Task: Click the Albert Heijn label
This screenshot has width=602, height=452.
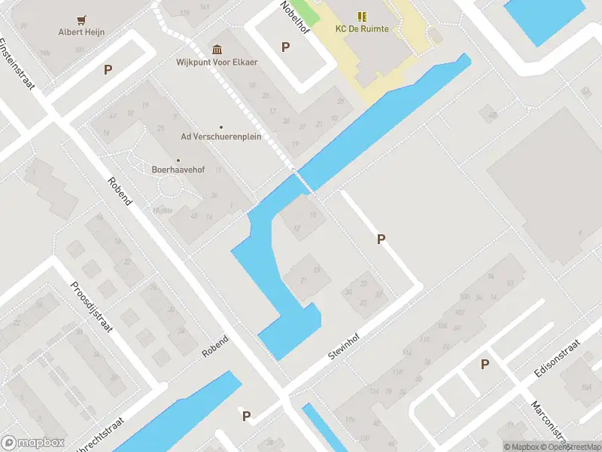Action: click(81, 32)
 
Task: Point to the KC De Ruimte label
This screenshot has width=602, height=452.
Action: click(362, 29)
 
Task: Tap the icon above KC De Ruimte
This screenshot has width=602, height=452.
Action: click(362, 16)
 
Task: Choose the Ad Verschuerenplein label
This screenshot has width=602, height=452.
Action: click(220, 137)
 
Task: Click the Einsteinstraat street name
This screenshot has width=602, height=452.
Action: click(17, 64)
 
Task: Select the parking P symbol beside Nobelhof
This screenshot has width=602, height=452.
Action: click(285, 47)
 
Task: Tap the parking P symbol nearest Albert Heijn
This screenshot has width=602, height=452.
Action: click(108, 69)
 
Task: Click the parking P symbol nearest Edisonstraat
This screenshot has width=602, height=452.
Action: click(485, 365)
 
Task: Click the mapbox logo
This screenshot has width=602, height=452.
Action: click(32, 443)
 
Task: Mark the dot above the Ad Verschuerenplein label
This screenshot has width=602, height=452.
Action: click(221, 127)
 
